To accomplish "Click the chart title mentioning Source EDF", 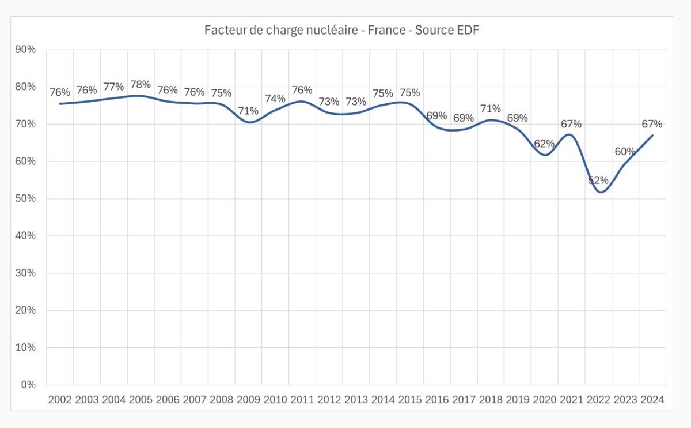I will tap(342, 30).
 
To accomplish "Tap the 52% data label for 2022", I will tap(598, 181).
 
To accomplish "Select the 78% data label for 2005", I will tap(141, 85).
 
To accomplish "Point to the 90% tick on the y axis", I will tap(25, 50).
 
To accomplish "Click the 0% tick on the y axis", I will tap(28, 385).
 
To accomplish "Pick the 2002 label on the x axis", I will tap(60, 400).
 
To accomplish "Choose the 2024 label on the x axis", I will tap(652, 400).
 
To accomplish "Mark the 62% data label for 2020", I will tap(544, 144).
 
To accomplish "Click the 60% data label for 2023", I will tap(625, 152).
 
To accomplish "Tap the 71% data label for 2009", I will tap(248, 111).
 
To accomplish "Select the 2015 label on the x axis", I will tap(410, 400).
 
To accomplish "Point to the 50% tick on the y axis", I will tap(25, 198).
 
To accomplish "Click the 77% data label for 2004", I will tap(113, 87).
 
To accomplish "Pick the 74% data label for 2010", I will tap(275, 99).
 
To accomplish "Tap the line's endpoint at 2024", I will tap(652, 135).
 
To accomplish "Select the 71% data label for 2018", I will tap(491, 108).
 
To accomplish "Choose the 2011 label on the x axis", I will tap(302, 400).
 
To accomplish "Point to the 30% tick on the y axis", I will tap(25, 273).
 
